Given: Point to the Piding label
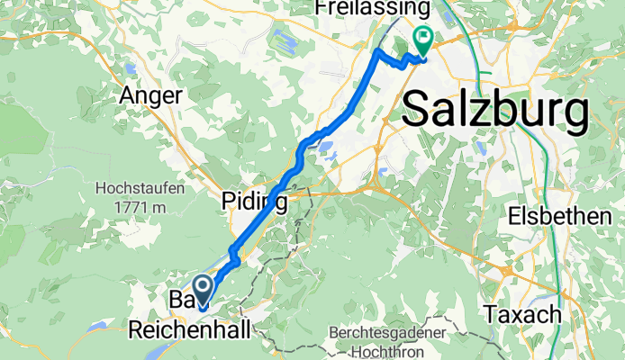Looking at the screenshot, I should [x=256, y=201].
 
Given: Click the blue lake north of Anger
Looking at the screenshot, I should [x=131, y=68].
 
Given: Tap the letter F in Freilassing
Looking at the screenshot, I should [x=321, y=8].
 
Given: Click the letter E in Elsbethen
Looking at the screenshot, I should [x=516, y=216].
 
